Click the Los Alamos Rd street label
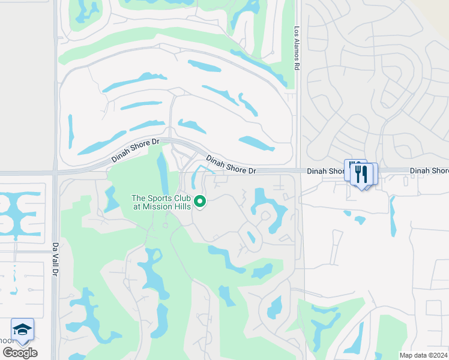coord(297,48)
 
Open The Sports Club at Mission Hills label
coord(161,202)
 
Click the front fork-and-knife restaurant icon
coord(361,173)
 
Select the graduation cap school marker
coord(22,329)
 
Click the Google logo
coord(20,352)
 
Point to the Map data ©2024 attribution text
coord(423,355)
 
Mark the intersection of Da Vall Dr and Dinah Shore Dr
coord(55,172)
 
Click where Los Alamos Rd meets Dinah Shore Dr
coord(298,170)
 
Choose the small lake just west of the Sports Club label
coord(111,199)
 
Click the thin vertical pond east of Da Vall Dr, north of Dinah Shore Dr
coord(71,131)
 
